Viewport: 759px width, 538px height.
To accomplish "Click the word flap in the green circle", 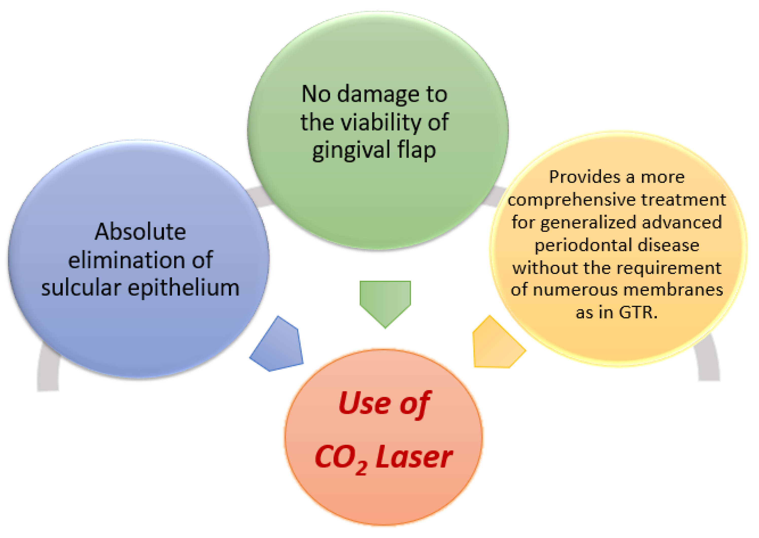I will [417, 150].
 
